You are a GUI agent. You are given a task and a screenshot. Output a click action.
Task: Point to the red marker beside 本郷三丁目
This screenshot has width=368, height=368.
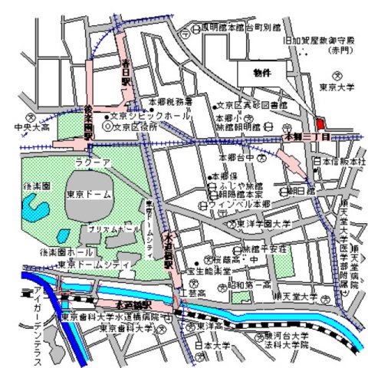(318, 123)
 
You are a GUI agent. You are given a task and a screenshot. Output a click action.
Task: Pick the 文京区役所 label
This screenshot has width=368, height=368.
(141, 128)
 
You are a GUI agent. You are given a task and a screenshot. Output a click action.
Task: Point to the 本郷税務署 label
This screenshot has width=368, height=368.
(170, 100)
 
